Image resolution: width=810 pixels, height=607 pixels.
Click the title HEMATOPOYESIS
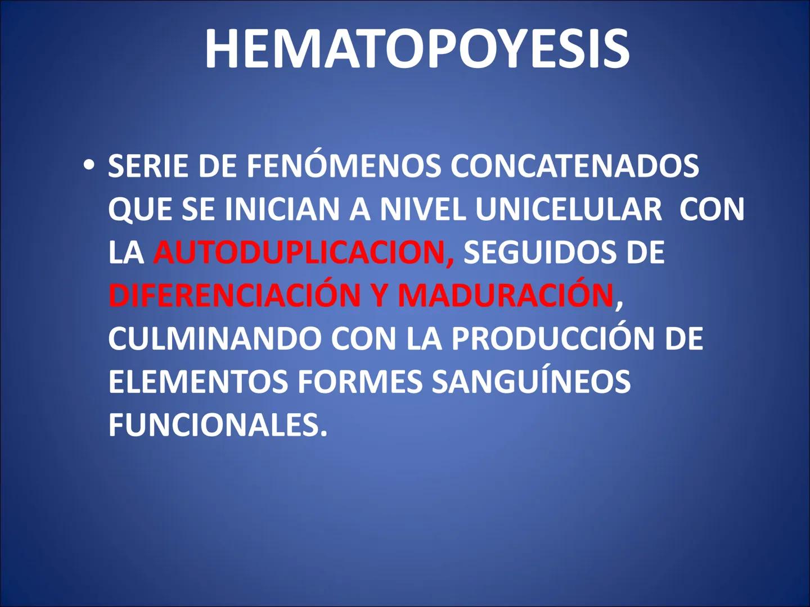[416, 49]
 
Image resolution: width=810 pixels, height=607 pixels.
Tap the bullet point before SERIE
[88, 166]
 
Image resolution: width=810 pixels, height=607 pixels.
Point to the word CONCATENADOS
[574, 166]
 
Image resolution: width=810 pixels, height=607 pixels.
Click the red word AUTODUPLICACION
[303, 253]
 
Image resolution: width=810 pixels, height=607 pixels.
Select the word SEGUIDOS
[540, 253]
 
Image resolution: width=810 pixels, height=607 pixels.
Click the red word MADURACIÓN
[505, 296]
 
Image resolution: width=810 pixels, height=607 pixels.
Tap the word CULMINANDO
[214, 339]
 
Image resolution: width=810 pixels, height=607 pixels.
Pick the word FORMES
[359, 382]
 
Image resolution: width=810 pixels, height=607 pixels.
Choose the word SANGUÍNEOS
[531, 382]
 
